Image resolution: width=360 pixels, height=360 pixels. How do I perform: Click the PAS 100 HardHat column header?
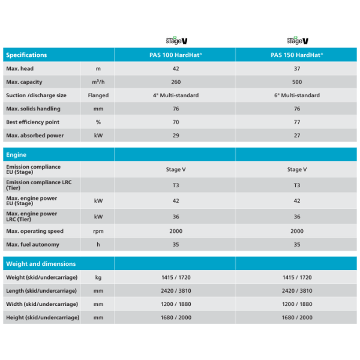tap(176, 55)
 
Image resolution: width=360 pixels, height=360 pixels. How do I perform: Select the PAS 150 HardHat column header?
tap(297, 55)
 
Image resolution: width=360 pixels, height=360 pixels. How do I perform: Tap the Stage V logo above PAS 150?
tap(298, 40)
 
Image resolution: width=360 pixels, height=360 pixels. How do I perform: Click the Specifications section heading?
tap(26, 55)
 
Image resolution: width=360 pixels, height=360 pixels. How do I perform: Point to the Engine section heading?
tap(16, 154)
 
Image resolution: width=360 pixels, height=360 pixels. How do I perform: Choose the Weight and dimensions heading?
tap(41, 263)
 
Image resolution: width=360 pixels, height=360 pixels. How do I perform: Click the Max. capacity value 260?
tap(176, 82)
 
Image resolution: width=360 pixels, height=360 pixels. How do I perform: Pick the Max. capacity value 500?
tap(297, 82)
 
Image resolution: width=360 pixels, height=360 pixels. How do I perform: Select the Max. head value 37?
tap(297, 68)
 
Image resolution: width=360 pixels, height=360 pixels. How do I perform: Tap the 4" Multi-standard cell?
tap(176, 95)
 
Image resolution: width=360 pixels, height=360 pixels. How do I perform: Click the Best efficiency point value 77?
tap(297, 122)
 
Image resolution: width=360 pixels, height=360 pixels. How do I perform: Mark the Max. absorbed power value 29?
tap(176, 136)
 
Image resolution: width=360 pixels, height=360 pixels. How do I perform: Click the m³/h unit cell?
tap(98, 82)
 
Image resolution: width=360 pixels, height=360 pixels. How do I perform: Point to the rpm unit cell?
tap(98, 231)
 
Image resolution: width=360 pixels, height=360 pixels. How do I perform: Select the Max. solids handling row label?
tap(33, 109)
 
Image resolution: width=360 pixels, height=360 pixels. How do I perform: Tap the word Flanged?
tap(98, 95)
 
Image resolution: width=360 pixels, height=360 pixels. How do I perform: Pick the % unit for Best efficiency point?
tap(98, 122)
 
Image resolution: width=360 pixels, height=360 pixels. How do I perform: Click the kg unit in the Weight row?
tap(98, 277)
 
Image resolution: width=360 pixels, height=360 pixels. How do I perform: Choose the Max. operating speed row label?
tap(34, 231)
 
